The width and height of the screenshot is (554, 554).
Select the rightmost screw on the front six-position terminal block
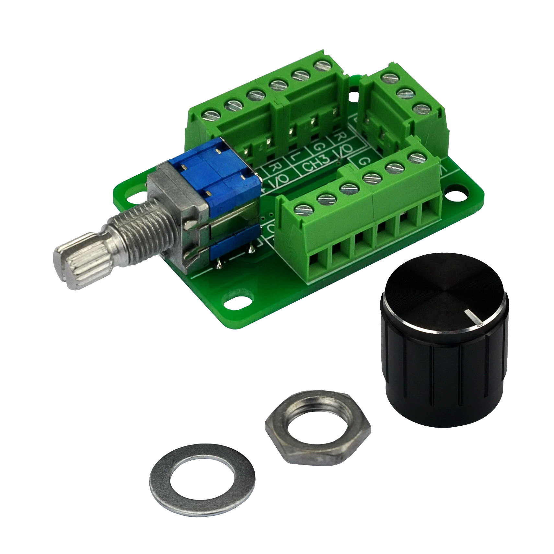[416, 157]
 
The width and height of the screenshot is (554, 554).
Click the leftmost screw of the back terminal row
[210, 115]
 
